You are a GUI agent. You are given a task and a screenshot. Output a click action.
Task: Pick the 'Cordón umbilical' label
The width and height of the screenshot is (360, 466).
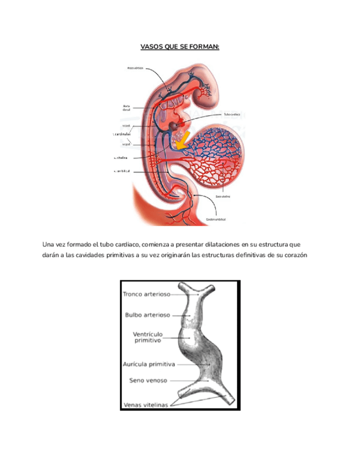[x=215, y=219]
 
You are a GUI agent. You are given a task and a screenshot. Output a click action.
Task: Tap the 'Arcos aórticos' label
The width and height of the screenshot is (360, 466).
[x=135, y=68]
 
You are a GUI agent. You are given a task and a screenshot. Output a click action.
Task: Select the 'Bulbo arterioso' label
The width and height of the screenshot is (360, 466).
[x=148, y=315]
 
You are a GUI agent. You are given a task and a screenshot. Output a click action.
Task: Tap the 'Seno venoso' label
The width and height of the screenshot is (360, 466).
[x=148, y=380]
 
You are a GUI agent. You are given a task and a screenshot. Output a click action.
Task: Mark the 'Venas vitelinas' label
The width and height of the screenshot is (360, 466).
[x=146, y=405]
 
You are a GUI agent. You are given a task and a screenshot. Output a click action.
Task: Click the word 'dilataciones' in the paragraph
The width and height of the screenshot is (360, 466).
[x=220, y=244]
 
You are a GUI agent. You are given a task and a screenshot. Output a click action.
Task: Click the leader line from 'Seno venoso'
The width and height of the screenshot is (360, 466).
[x=187, y=380]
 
